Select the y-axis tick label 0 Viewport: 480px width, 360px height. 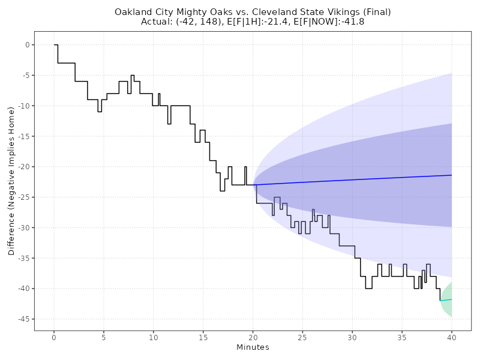tap(26, 45)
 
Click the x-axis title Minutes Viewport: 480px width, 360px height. tap(253, 347)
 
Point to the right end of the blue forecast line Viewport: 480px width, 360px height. tap(451, 175)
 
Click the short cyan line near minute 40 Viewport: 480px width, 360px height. tap(446, 300)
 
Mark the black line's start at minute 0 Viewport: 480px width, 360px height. tap(54, 45)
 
